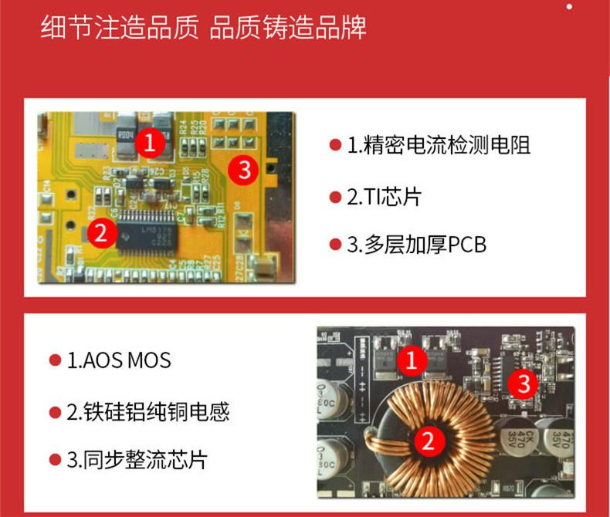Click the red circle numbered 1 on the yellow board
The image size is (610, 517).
[151, 142]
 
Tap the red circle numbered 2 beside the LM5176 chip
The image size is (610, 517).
[101, 232]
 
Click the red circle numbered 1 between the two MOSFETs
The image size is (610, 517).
[412, 360]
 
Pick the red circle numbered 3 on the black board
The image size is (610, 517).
[524, 382]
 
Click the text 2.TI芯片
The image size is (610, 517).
[383, 197]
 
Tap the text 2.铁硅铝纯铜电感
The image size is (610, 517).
[147, 411]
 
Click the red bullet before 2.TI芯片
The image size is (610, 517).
[335, 198]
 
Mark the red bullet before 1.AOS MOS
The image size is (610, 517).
[55, 360]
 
